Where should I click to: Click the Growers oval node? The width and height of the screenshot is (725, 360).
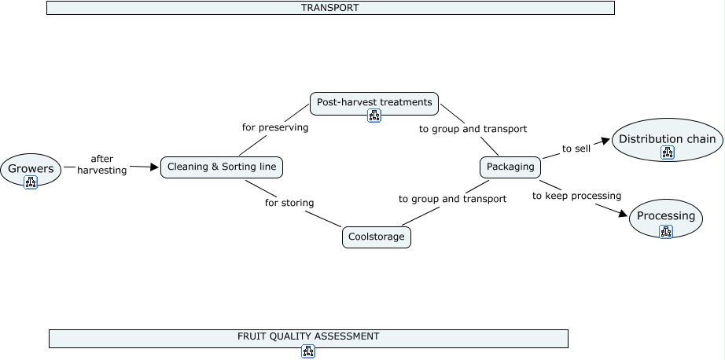click(31, 170)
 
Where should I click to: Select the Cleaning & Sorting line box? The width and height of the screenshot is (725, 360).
click(222, 167)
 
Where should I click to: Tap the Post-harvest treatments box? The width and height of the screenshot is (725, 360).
click(374, 104)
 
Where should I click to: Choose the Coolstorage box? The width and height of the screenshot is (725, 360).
click(377, 237)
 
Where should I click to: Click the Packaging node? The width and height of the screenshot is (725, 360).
click(510, 167)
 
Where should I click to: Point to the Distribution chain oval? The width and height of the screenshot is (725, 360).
click(667, 140)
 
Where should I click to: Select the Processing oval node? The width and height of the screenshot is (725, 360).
click(666, 218)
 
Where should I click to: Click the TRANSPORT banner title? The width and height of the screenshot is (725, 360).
click(330, 7)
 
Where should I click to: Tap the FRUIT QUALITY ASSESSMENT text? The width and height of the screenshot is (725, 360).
click(308, 336)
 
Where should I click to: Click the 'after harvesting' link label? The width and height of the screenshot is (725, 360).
click(101, 164)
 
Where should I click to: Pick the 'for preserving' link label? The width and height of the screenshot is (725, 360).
click(275, 127)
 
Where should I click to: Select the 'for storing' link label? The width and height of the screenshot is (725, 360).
click(289, 203)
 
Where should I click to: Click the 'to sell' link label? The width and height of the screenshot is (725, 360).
click(576, 149)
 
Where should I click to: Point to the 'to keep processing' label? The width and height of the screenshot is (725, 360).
click(576, 196)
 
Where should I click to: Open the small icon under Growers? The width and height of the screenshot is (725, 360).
click(31, 182)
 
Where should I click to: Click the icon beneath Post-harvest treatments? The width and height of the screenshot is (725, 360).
click(374, 116)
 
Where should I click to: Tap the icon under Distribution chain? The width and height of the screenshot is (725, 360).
click(667, 152)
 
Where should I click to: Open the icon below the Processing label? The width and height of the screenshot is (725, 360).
click(666, 232)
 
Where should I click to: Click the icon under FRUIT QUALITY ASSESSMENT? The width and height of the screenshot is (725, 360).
click(308, 351)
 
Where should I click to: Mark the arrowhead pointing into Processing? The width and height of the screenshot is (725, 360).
click(623, 214)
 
